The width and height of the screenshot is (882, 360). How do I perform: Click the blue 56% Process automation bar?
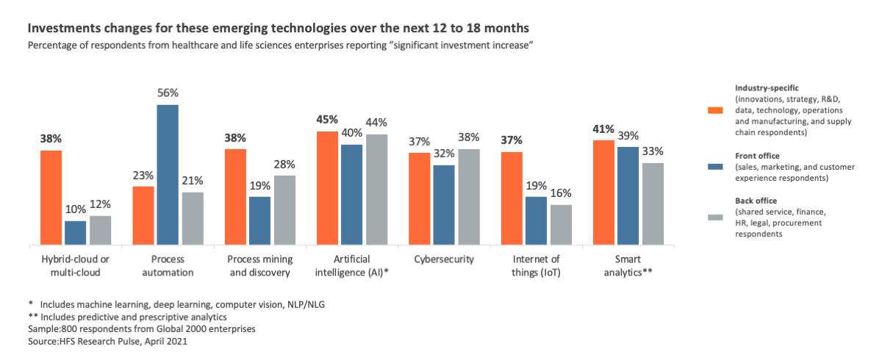(168, 175)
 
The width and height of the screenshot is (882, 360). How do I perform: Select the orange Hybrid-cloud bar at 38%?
(51, 198)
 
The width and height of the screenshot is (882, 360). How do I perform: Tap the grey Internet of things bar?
(560, 225)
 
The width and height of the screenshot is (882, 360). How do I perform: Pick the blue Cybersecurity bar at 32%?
(445, 205)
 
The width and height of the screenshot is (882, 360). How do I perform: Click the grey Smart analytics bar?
(653, 204)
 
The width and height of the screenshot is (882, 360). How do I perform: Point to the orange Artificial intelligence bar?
(328, 188)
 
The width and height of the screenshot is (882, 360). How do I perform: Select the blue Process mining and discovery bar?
(259, 220)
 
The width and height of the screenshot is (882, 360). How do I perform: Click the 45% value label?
(328, 119)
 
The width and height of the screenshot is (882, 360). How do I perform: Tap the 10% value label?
(76, 209)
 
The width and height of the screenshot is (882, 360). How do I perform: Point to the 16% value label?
(560, 193)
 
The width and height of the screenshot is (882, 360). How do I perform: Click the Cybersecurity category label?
(444, 259)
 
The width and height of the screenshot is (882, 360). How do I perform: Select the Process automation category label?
(168, 265)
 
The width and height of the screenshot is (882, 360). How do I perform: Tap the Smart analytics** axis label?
(628, 265)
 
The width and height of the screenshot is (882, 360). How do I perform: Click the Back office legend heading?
(756, 200)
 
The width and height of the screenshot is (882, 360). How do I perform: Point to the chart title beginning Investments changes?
(278, 29)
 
